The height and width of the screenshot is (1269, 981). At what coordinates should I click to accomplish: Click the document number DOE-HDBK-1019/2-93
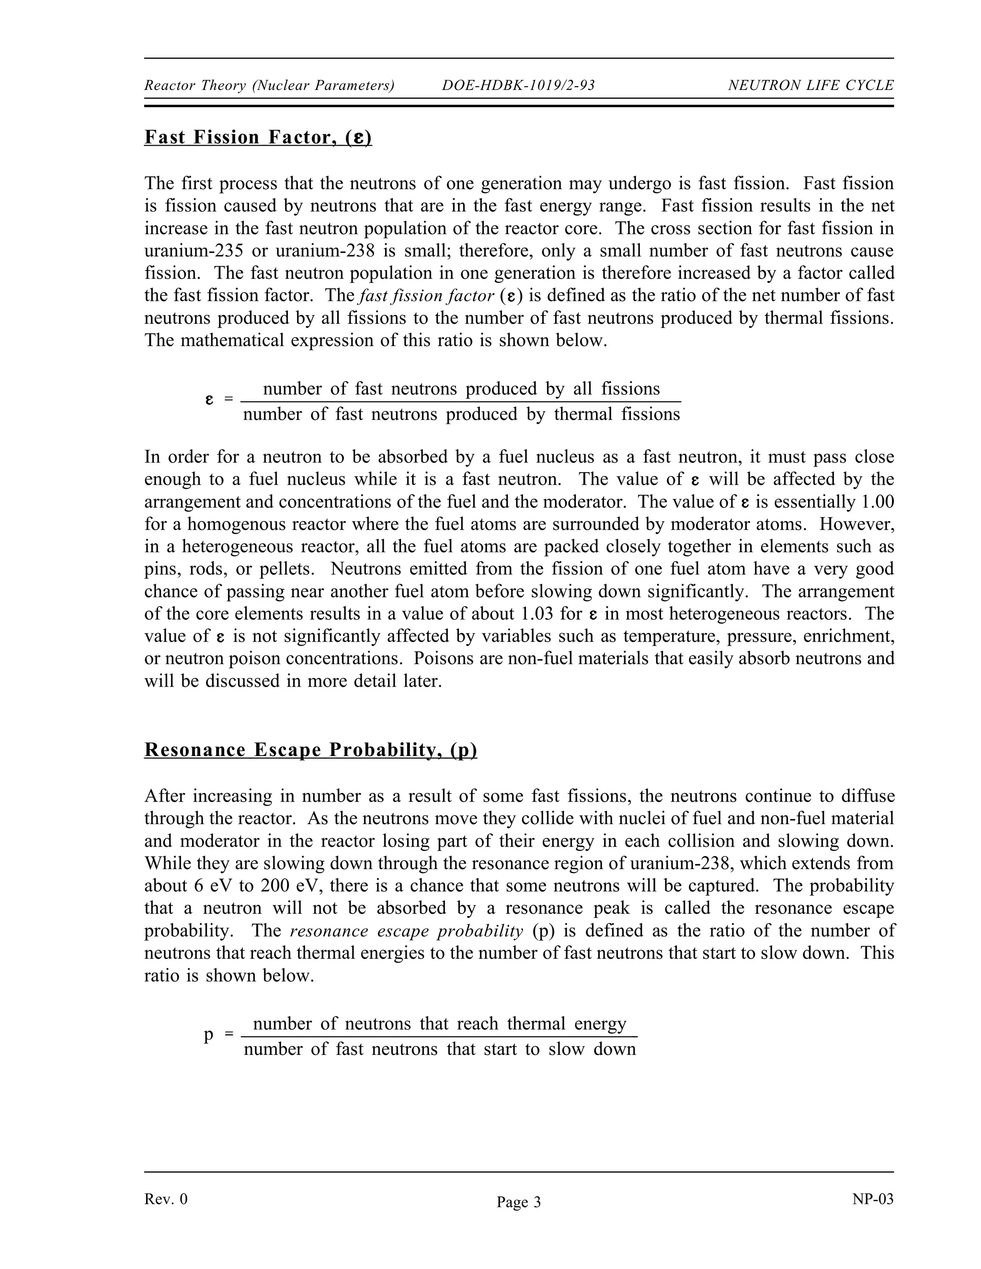(518, 85)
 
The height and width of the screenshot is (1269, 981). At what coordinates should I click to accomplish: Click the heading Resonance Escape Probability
(310, 749)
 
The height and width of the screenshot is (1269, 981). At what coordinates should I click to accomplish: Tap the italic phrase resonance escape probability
(406, 931)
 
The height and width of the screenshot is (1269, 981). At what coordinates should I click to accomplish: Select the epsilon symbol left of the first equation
(209, 400)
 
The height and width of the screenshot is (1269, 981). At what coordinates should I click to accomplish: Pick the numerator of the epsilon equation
(461, 389)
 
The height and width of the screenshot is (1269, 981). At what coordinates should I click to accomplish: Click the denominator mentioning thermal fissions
(461, 414)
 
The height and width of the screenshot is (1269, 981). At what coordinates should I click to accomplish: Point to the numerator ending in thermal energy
(439, 1023)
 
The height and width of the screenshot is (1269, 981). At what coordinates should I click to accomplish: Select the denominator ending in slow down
(439, 1049)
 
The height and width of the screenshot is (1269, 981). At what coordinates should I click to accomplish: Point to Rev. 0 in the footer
(166, 1199)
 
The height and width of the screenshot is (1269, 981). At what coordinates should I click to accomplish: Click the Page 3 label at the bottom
(518, 1202)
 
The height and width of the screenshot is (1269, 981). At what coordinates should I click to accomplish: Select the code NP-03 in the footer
(872, 1199)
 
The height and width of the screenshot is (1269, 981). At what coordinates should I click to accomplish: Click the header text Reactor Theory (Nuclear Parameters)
(269, 85)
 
